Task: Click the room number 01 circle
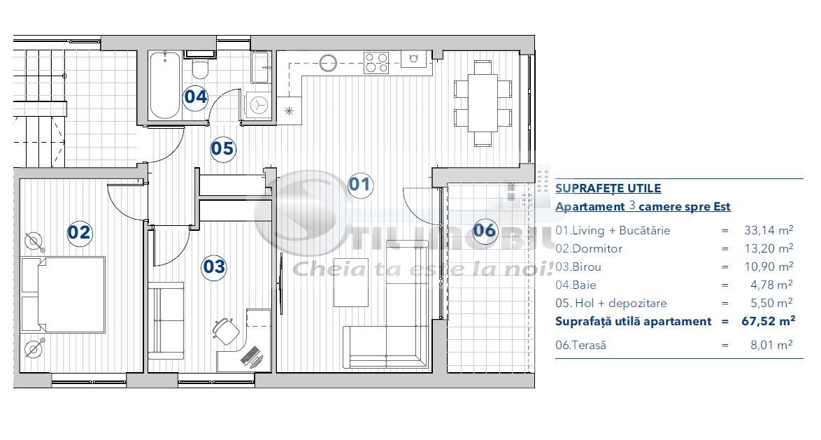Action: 359,185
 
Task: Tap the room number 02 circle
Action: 79,232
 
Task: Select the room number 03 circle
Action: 214,267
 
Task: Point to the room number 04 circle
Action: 196,97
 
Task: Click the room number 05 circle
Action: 222,148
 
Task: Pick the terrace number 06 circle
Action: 485,230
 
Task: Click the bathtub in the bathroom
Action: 165,84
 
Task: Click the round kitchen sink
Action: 329,63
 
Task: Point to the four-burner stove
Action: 376,63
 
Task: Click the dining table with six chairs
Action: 483,103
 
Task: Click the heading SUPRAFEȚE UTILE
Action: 608,188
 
